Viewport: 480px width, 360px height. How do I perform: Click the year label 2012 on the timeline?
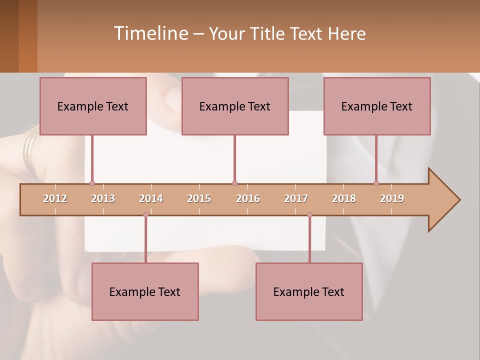pyautogui.click(x=55, y=198)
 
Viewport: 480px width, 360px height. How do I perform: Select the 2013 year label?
pyautogui.click(x=103, y=198)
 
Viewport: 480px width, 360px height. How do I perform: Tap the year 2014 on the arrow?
pyautogui.click(x=151, y=198)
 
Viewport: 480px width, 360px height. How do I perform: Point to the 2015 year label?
pyautogui.click(x=199, y=198)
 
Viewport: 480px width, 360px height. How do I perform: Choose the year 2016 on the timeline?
pyautogui.click(x=248, y=198)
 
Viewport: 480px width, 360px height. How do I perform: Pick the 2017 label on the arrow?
pyautogui.click(x=296, y=198)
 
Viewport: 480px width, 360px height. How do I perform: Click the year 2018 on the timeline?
pyautogui.click(x=344, y=198)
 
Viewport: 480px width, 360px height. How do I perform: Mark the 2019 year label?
pyautogui.click(x=392, y=198)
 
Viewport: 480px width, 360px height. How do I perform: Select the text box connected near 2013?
pyautogui.click(x=93, y=106)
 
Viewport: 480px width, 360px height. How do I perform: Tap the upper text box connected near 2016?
pyautogui.click(x=235, y=106)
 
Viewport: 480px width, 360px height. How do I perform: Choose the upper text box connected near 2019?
pyautogui.click(x=377, y=106)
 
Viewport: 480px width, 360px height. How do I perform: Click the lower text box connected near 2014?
pyautogui.click(x=145, y=291)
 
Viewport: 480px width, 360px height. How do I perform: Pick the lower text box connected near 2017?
pyautogui.click(x=309, y=291)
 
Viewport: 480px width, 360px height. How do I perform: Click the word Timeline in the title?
pyautogui.click(x=150, y=33)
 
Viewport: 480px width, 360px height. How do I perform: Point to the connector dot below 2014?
pyautogui.click(x=145, y=215)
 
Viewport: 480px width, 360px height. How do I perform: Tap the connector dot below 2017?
pyautogui.click(x=309, y=215)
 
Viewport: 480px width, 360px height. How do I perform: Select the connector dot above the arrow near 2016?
pyautogui.click(x=234, y=183)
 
